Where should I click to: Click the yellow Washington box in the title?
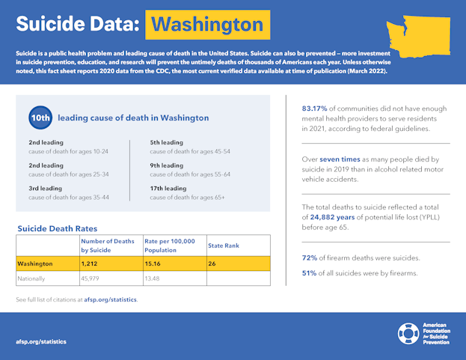(x=207, y=24)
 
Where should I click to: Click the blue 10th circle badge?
(x=40, y=118)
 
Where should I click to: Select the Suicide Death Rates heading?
(x=57, y=228)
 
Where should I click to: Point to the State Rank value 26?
(x=212, y=263)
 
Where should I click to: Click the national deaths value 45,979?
(x=93, y=278)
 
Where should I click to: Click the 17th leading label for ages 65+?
(x=168, y=188)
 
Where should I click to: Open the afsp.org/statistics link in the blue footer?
(x=41, y=341)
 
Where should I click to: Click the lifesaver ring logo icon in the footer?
(x=409, y=334)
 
